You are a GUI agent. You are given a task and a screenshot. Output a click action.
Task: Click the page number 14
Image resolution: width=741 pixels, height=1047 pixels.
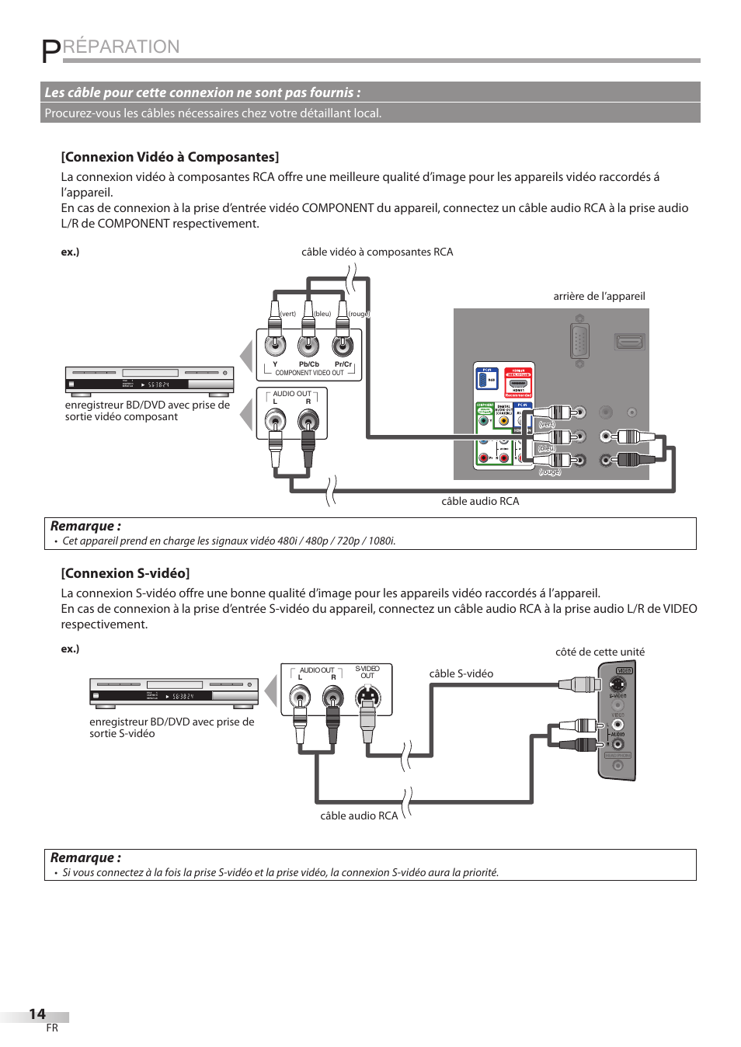pyautogui.click(x=37, y=1014)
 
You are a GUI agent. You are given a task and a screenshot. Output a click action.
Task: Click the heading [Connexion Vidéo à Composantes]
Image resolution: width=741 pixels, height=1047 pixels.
pyautogui.click(x=170, y=157)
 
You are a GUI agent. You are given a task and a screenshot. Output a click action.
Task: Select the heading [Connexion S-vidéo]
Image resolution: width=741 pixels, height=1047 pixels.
pyautogui.click(x=125, y=573)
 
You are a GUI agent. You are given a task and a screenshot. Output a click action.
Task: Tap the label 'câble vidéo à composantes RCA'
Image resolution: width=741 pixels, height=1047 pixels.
pyautogui.click(x=377, y=252)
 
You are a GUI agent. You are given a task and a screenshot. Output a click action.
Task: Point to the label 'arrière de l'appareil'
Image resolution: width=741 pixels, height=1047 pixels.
pyautogui.click(x=599, y=296)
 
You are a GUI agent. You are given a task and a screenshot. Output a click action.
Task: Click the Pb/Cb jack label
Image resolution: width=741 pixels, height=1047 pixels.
pyautogui.click(x=308, y=364)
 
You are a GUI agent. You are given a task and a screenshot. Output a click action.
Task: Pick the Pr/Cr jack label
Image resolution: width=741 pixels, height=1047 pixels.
pyautogui.click(x=343, y=364)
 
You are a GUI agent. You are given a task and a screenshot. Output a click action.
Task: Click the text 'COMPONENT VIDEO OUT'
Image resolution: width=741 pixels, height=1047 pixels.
pyautogui.click(x=309, y=373)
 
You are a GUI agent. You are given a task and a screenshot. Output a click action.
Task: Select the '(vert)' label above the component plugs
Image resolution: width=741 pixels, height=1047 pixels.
pyautogui.click(x=288, y=314)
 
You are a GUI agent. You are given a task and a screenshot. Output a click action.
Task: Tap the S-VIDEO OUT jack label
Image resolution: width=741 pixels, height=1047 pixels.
pyautogui.click(x=367, y=672)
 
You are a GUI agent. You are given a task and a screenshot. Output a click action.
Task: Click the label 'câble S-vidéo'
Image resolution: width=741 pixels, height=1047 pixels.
pyautogui.click(x=461, y=673)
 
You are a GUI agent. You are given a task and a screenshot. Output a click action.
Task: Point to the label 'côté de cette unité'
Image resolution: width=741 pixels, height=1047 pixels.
pyautogui.click(x=600, y=652)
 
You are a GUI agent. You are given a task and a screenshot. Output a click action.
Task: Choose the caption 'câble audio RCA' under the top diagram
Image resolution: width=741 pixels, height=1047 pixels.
pyautogui.click(x=480, y=501)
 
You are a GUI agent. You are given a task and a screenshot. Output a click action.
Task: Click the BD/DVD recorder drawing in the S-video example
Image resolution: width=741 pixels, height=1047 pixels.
pyautogui.click(x=174, y=691)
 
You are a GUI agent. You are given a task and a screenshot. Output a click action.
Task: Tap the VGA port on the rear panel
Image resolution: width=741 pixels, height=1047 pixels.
pyautogui.click(x=579, y=341)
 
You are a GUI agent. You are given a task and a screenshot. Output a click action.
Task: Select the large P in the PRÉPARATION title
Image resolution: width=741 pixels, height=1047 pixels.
pyautogui.click(x=50, y=50)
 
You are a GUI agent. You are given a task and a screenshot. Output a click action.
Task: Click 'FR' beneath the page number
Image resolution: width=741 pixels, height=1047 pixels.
pyautogui.click(x=52, y=1028)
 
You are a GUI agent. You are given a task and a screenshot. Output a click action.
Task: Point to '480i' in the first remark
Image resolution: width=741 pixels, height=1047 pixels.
pyautogui.click(x=288, y=541)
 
